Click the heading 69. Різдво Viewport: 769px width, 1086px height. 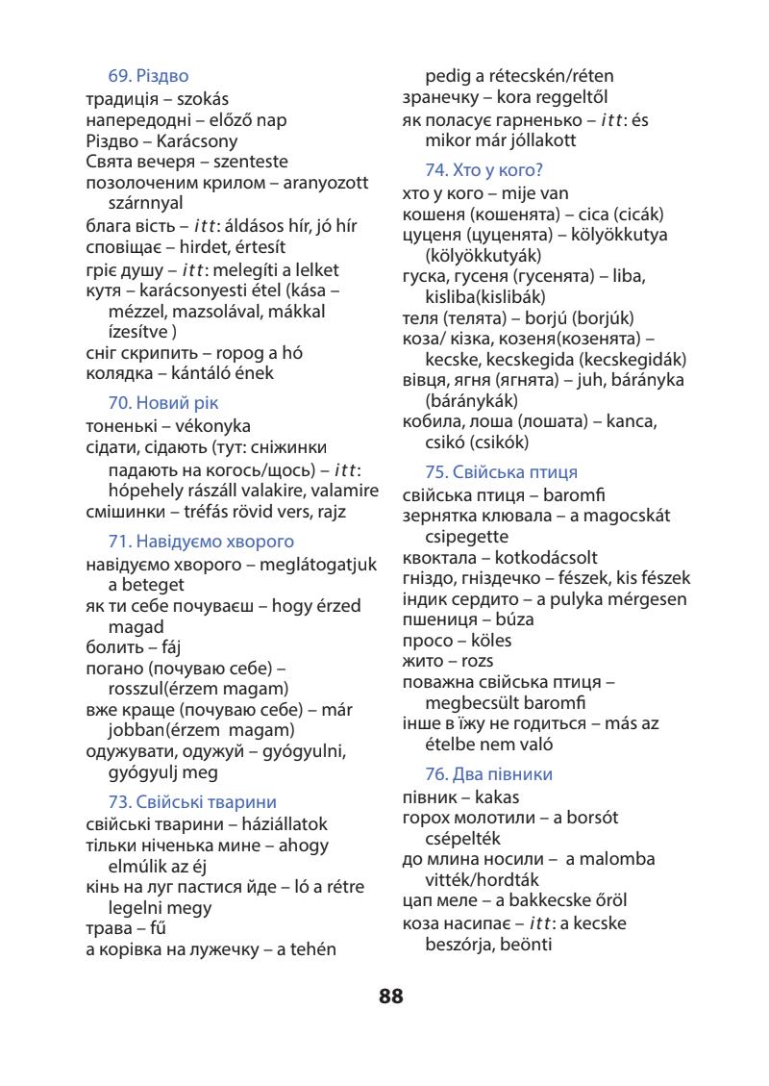(148, 76)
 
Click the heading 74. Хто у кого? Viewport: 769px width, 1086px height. (484, 170)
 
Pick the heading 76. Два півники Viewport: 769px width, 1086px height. (488, 774)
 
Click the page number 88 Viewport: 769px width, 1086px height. (391, 997)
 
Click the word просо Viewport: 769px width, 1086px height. (427, 641)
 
